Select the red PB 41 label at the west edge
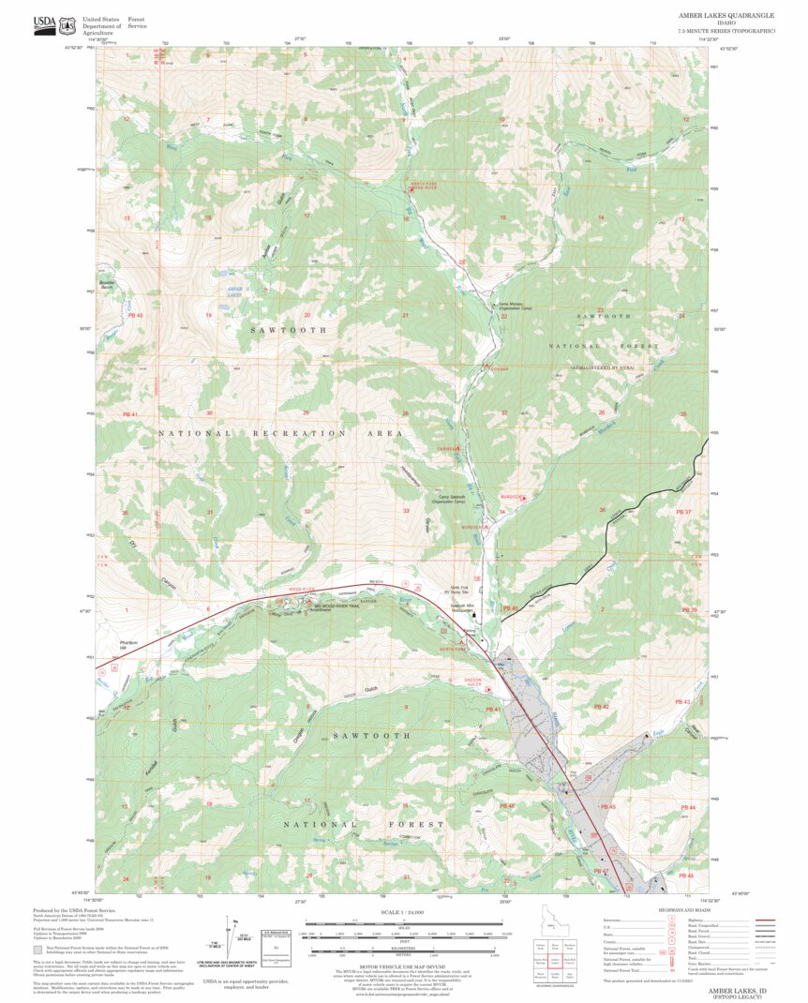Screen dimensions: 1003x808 129,413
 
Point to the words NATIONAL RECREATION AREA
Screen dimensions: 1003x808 281,434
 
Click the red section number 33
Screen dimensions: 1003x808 406,511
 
